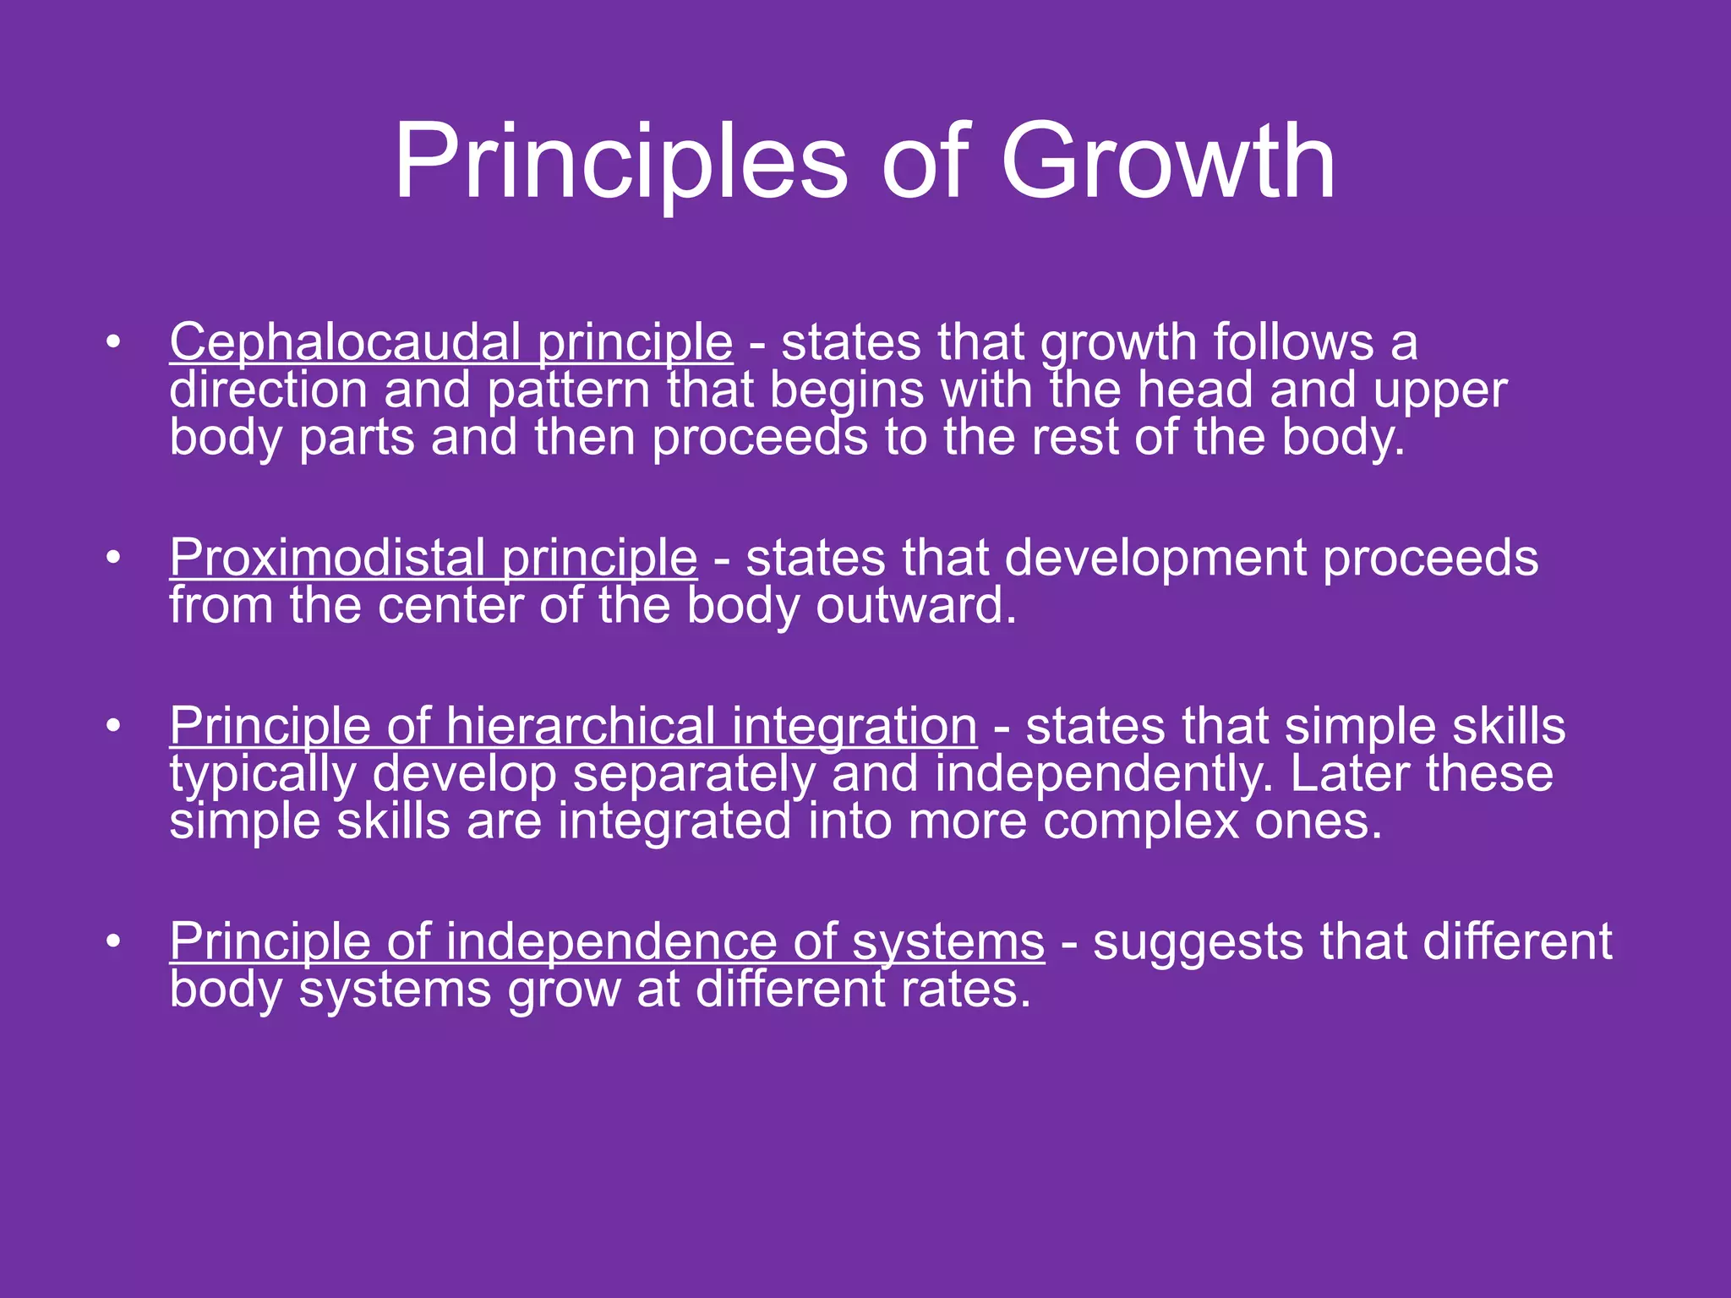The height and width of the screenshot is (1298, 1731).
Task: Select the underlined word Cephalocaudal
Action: point(345,342)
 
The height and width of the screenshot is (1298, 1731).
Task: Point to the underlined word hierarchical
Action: point(581,726)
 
